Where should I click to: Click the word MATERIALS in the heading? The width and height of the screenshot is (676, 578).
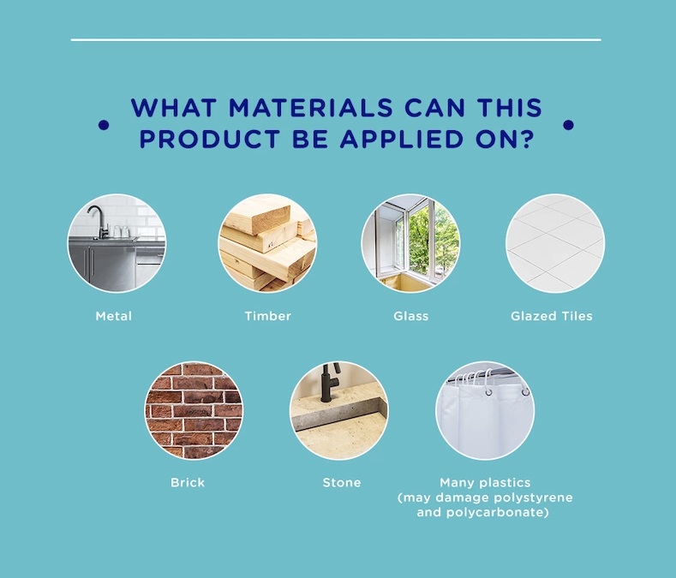(x=310, y=108)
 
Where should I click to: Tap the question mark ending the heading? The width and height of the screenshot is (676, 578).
(x=527, y=139)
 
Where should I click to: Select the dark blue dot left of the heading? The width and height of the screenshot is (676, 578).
(x=104, y=125)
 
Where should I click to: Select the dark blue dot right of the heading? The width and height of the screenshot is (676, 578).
(x=568, y=125)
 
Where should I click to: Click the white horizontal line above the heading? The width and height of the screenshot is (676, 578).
(x=336, y=39)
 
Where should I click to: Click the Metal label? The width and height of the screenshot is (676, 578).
(x=113, y=316)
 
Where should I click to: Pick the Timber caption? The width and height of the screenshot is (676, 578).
(x=267, y=316)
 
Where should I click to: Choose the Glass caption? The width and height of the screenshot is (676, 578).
(x=411, y=316)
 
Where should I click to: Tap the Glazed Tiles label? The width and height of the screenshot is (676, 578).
(x=552, y=316)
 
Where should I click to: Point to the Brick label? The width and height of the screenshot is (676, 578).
(x=188, y=482)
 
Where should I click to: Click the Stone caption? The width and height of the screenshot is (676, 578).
(x=342, y=482)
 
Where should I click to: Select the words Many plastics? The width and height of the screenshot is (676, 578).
(x=485, y=483)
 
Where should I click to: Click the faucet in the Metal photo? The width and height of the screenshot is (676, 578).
(x=98, y=221)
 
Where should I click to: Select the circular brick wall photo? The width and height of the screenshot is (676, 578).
(x=194, y=410)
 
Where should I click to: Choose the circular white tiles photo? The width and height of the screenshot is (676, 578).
(x=555, y=243)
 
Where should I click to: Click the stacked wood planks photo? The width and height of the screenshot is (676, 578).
(x=267, y=243)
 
